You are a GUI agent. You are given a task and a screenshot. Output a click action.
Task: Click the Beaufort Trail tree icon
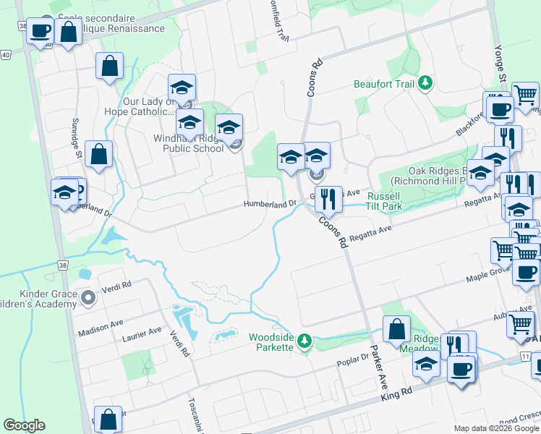click(x=426, y=84)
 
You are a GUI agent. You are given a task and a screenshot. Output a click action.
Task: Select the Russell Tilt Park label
click(x=383, y=201)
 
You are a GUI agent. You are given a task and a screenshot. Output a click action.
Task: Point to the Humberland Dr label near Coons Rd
click(x=270, y=204)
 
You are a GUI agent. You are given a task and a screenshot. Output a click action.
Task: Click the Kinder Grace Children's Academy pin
click(x=88, y=297)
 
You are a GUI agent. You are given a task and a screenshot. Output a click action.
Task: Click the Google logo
click(x=24, y=425)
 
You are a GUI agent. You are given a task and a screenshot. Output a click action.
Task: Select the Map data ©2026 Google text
click(x=495, y=428)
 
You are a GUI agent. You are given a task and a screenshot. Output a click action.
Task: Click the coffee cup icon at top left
click(x=41, y=30)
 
